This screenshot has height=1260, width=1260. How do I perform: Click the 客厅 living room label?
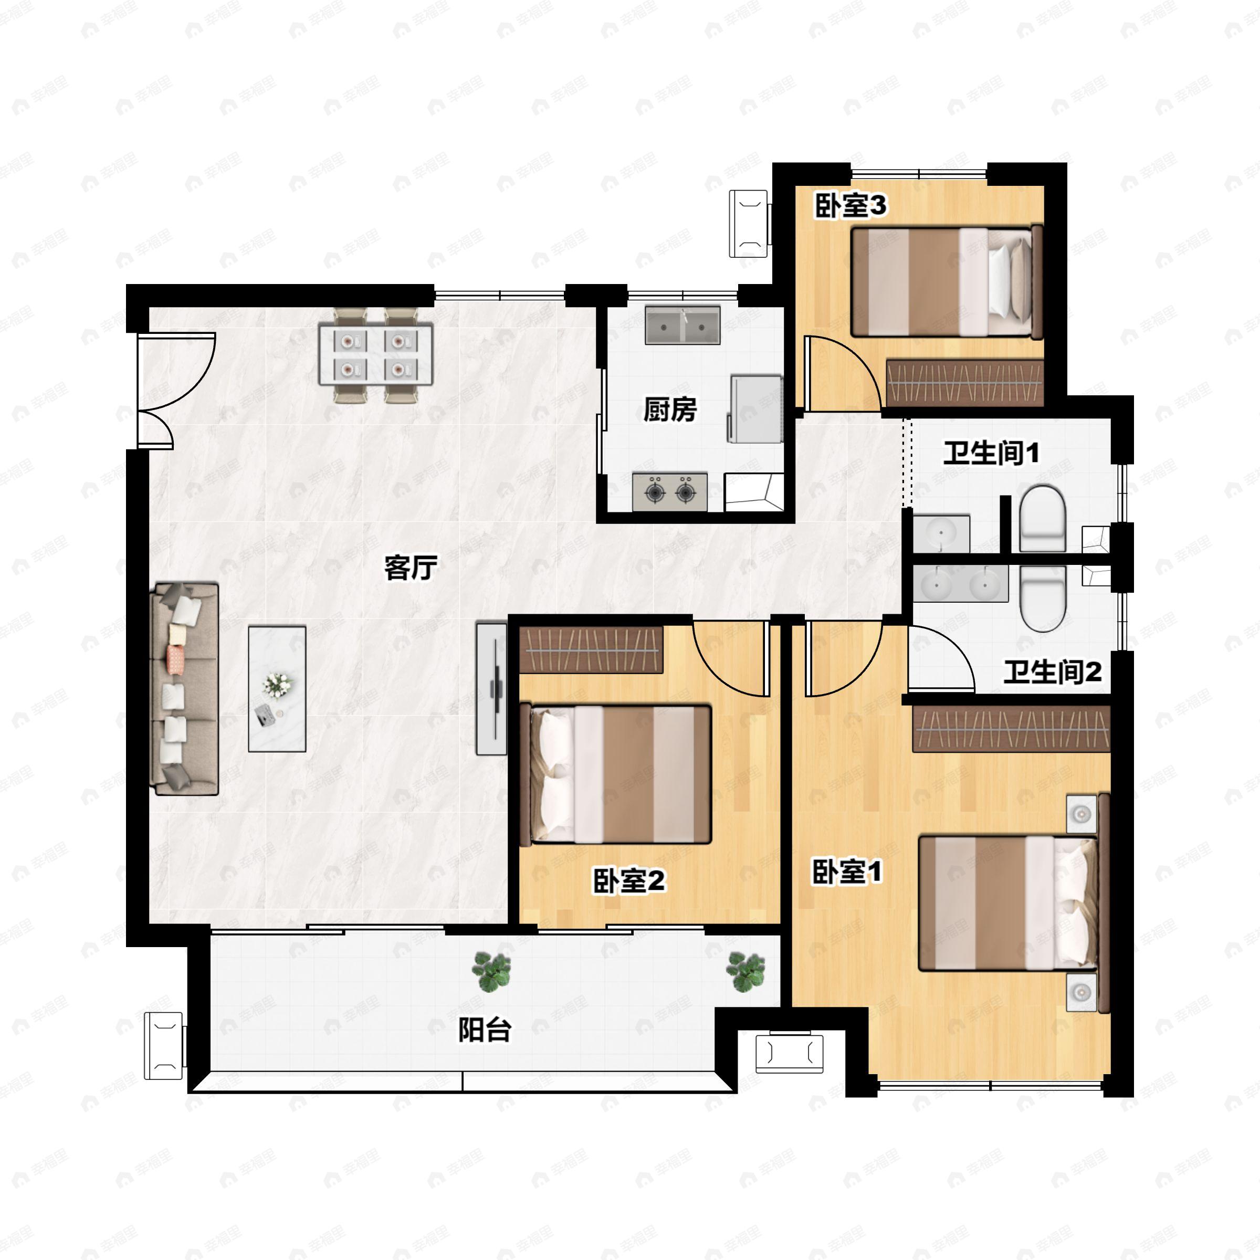point(410,568)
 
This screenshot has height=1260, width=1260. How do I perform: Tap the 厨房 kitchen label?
point(670,409)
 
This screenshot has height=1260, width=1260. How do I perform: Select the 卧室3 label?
point(850,206)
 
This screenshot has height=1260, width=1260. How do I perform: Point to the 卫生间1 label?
point(991,453)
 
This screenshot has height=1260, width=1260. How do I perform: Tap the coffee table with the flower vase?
point(277,689)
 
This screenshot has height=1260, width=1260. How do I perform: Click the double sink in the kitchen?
point(683,325)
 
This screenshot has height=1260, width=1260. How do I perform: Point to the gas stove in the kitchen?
point(670,492)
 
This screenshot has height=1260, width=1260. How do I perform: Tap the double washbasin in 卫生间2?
point(961,584)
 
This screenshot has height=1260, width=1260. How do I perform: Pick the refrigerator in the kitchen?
point(756,409)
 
